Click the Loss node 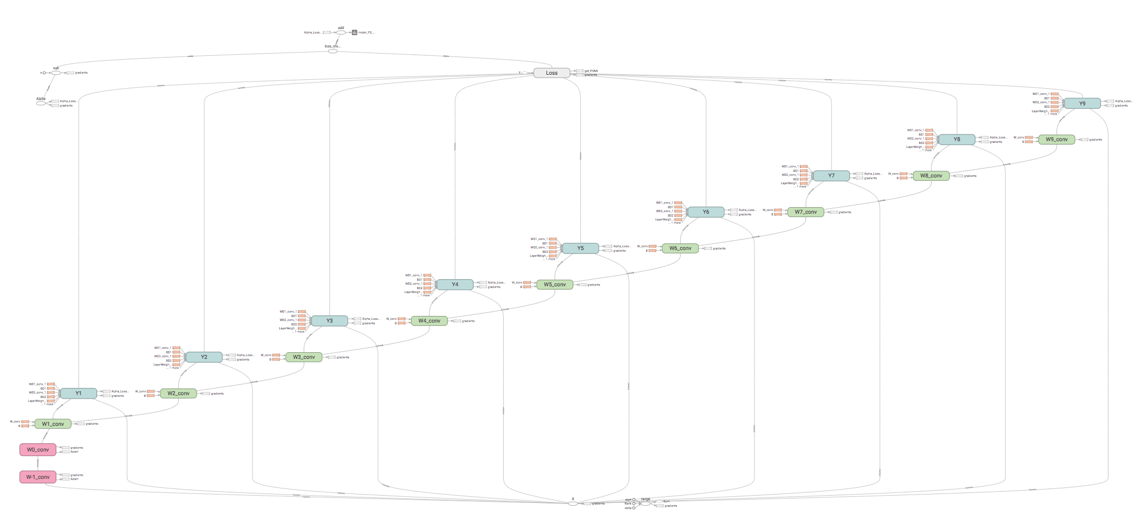click(551, 73)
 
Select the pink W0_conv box click(38, 449)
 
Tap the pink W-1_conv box click(38, 477)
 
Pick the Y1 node click(78, 393)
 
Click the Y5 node click(580, 248)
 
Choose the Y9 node click(1082, 103)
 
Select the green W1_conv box click(53, 424)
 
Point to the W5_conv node click(555, 284)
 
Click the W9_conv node click(1057, 139)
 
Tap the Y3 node click(329, 320)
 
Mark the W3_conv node click(304, 357)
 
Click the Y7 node click(831, 175)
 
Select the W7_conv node click(805, 212)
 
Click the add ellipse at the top click(341, 32)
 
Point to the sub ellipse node click(56, 73)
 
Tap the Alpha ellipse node click(41, 103)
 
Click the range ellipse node click(645, 503)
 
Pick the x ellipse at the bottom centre click(573, 503)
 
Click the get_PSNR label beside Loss click(591, 71)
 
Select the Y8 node click(957, 139)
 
